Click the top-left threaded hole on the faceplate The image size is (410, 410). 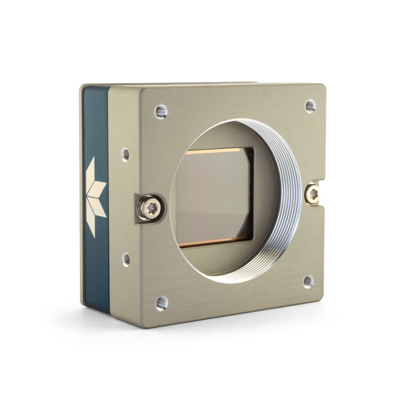(x=161, y=111)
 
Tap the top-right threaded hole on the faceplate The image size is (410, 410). (x=310, y=106)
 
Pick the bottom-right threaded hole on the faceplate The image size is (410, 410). (x=308, y=282)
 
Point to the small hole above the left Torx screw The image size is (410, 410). (x=125, y=154)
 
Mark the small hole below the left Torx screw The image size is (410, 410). (x=126, y=260)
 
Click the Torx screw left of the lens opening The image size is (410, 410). (x=150, y=207)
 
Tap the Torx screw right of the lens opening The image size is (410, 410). (x=312, y=194)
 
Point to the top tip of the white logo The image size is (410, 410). (x=92, y=158)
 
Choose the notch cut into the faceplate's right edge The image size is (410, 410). (x=321, y=193)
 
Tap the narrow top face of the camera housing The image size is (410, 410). (x=171, y=84)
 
